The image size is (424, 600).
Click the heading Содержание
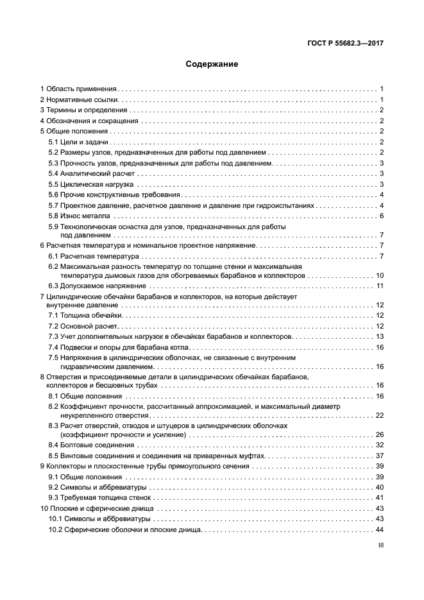(x=212, y=64)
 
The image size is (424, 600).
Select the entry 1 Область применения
(x=78, y=89)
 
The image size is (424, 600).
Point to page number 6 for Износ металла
(x=381, y=216)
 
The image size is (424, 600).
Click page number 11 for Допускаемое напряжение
(x=380, y=286)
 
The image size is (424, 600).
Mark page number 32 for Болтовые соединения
(x=379, y=445)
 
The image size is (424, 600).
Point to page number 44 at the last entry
(x=379, y=529)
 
